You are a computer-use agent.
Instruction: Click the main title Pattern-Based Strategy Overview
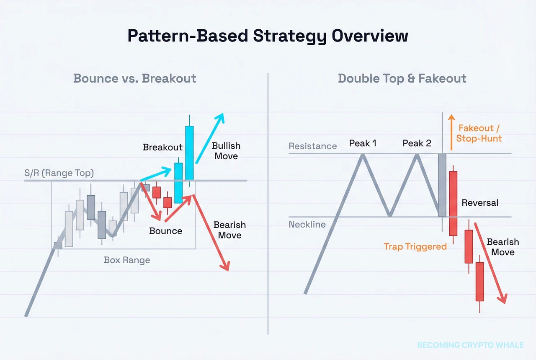click(268, 36)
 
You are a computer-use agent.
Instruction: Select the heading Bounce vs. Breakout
click(134, 78)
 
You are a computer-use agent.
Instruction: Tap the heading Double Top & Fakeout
click(402, 78)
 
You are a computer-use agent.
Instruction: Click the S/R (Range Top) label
click(59, 173)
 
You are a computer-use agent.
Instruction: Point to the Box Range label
click(127, 260)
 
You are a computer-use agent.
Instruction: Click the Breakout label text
click(162, 147)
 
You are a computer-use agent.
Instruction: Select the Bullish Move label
click(226, 151)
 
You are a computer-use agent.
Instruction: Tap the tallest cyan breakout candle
click(190, 153)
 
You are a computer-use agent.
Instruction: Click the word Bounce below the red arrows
click(166, 231)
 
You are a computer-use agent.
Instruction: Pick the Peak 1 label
click(363, 143)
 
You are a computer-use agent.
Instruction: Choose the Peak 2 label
click(417, 143)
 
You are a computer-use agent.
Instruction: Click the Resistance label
click(313, 146)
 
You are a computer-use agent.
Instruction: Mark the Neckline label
click(307, 225)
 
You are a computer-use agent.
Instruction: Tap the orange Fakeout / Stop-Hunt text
click(479, 133)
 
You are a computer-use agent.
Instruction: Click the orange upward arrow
click(451, 132)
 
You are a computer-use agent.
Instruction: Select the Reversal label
click(480, 203)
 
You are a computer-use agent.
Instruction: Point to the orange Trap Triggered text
click(415, 246)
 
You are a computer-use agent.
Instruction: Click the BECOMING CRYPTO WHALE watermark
click(470, 345)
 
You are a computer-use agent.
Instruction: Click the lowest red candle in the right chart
click(479, 282)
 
